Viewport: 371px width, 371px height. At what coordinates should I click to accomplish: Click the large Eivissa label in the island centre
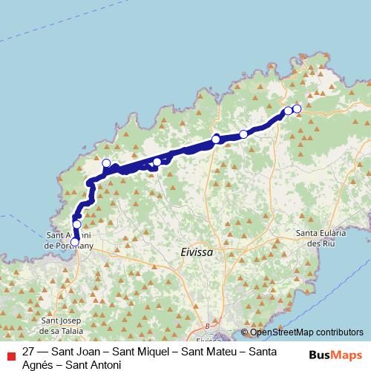(x=197, y=252)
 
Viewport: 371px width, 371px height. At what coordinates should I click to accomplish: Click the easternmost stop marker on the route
(x=297, y=109)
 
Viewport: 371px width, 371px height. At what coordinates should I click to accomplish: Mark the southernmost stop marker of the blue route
(x=74, y=241)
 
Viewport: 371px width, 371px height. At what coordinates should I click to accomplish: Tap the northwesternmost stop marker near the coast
(x=106, y=163)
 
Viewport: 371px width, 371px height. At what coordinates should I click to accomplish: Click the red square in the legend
(x=10, y=354)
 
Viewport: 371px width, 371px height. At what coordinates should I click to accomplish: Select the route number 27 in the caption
(x=29, y=351)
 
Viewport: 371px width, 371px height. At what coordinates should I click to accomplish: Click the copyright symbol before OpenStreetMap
(x=244, y=332)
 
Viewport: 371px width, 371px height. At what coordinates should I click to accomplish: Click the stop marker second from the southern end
(x=76, y=224)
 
